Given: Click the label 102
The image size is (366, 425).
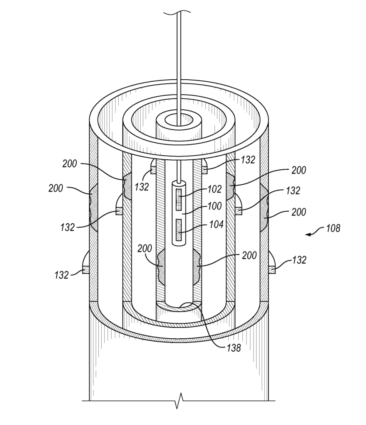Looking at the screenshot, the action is point(215,189).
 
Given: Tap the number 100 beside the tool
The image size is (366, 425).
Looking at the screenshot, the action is point(215,206).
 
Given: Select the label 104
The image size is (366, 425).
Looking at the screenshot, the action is point(217,225).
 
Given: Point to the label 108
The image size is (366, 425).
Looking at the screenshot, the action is point(333,228).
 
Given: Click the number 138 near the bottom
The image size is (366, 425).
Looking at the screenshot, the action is point(234,348).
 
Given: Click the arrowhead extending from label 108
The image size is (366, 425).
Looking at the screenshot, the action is point(308,234).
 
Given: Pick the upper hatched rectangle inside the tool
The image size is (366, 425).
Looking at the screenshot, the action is point(179,200).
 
